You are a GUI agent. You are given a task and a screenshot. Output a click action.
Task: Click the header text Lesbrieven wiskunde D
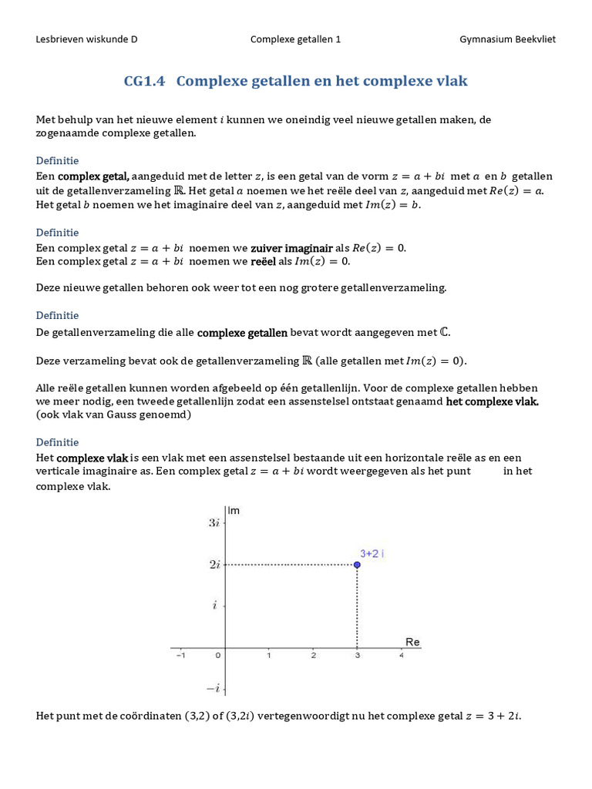click(x=87, y=39)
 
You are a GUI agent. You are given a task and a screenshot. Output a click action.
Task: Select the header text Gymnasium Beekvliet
click(x=507, y=39)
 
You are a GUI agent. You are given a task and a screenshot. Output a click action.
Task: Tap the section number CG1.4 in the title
click(x=145, y=81)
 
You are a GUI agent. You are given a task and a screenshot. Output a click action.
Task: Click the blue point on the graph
click(x=357, y=565)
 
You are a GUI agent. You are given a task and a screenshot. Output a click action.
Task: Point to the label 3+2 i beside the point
click(x=374, y=553)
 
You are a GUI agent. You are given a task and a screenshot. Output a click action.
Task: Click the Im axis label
click(x=234, y=510)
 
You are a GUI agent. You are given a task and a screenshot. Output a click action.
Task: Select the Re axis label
click(x=412, y=642)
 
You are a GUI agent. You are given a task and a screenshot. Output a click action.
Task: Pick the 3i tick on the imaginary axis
click(x=214, y=523)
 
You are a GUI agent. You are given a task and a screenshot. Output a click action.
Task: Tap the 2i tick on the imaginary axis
click(x=214, y=565)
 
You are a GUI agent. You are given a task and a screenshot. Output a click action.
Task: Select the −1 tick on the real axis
click(x=180, y=656)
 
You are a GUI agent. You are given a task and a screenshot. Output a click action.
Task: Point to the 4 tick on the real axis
click(x=402, y=656)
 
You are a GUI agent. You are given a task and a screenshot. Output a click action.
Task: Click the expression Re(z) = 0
click(x=378, y=248)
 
